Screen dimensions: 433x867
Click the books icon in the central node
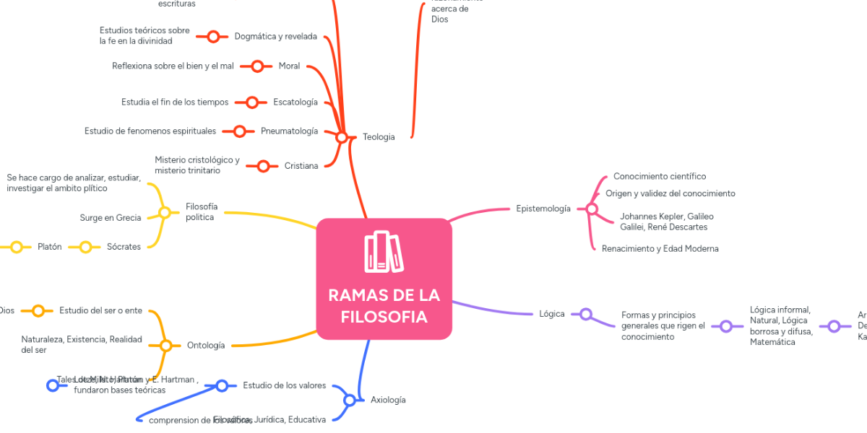point(384,252)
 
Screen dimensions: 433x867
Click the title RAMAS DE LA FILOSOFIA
point(384,306)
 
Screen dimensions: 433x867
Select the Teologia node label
point(379,137)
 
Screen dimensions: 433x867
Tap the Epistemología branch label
point(543,209)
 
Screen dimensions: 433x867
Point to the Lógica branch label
point(552,314)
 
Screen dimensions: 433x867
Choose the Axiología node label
point(388,400)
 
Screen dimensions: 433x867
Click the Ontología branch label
point(206,345)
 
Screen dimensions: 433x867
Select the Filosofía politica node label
point(202,212)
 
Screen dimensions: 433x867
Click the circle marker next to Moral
point(257,66)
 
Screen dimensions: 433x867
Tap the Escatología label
point(296,102)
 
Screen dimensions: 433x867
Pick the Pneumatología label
point(289,131)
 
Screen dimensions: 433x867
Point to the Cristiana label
point(301,166)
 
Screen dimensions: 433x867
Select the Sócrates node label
point(124,247)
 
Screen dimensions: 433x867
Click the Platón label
point(50,247)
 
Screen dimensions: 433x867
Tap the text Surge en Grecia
point(111,218)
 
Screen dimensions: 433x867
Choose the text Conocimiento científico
point(660,176)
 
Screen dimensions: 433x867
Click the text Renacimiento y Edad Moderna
point(660,248)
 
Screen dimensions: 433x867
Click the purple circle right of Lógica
point(586,314)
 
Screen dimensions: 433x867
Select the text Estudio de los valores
point(285,385)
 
